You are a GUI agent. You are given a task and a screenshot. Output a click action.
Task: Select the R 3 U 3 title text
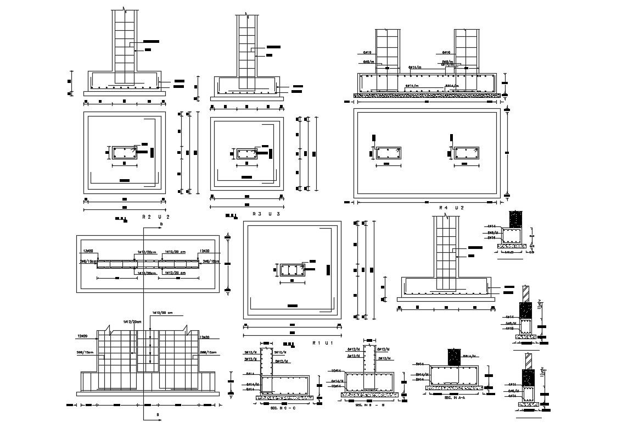click(266, 214)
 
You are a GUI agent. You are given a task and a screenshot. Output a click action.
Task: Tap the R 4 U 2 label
click(452, 208)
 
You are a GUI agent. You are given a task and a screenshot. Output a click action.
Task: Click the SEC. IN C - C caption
click(284, 408)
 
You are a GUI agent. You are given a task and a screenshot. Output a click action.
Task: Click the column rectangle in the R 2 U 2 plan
click(124, 153)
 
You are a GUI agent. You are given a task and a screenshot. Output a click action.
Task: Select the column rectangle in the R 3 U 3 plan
click(247, 154)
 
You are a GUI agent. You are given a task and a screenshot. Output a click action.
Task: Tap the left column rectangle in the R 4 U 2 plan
click(388, 154)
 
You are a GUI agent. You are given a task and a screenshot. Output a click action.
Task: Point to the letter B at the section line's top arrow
click(161, 225)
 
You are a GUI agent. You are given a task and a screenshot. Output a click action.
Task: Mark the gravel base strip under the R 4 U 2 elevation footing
click(427, 96)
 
